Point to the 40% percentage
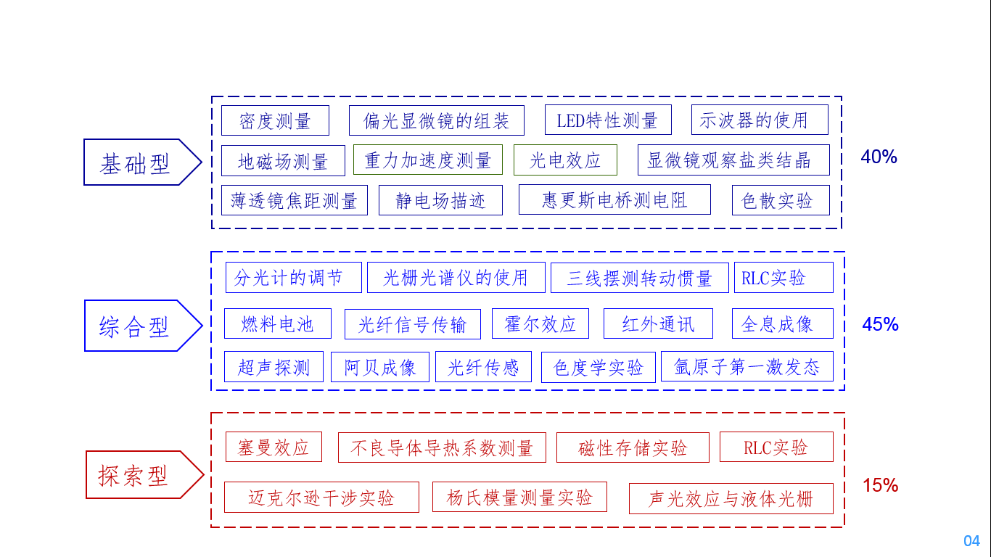[x=879, y=157]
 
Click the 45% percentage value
[x=880, y=324]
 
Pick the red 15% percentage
[x=880, y=485]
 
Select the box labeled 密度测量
[x=275, y=120]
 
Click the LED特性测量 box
[x=608, y=120]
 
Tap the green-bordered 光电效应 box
[x=565, y=160]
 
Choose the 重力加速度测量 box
[x=428, y=160]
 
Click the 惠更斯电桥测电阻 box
[x=614, y=200]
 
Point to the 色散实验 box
[x=780, y=201]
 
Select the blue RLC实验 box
[x=784, y=278]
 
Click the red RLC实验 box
[x=776, y=447]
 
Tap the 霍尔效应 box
[x=540, y=323]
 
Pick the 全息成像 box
[x=782, y=323]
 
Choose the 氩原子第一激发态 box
[x=747, y=367]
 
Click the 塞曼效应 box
[x=273, y=447]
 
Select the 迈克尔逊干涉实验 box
[x=321, y=498]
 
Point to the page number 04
[x=971, y=541]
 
